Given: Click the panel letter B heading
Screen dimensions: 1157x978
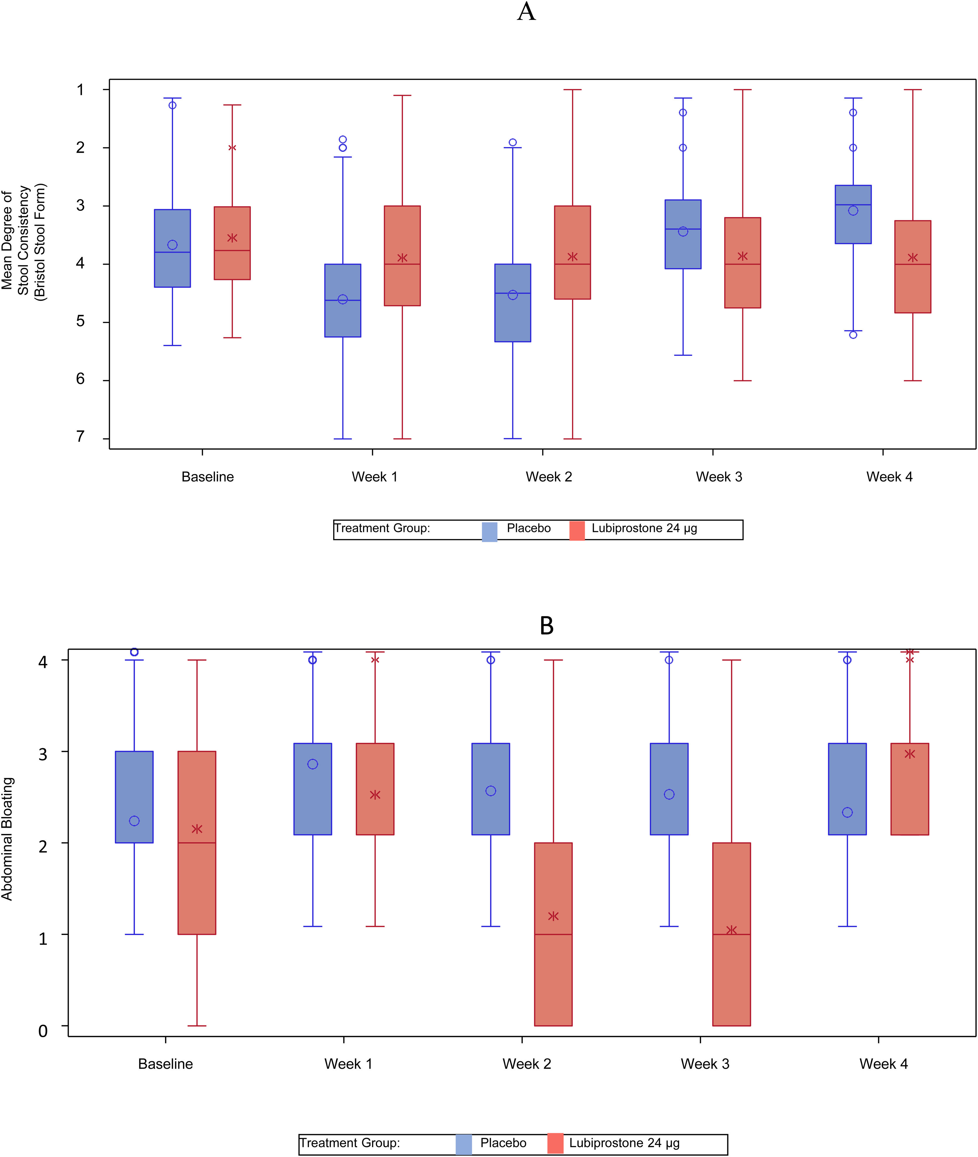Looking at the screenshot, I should (546, 626).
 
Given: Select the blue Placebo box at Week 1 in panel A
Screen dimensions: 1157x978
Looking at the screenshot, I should (342, 300).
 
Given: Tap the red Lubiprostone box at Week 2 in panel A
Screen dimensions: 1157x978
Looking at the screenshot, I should (572, 252).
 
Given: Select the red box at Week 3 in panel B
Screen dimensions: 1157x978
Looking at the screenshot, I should (731, 935).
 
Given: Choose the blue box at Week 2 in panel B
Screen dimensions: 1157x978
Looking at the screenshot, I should (491, 789).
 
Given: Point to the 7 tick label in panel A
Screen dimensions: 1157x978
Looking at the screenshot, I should (80, 437).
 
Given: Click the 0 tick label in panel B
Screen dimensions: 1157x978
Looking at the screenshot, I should (43, 1030).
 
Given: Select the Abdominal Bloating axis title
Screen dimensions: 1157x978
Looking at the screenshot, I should (7, 839).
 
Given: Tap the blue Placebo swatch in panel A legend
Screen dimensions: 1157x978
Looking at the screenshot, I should (489, 531).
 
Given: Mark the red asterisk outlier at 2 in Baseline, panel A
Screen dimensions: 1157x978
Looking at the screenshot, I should (232, 148).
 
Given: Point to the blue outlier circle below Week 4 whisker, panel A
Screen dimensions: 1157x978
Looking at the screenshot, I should (853, 335).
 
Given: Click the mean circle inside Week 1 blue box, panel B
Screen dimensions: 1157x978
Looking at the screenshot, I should (313, 764).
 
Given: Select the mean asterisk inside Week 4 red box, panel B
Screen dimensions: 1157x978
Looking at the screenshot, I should (910, 754).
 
